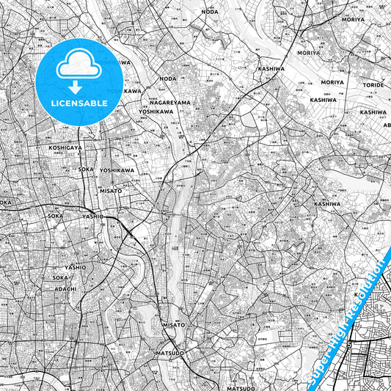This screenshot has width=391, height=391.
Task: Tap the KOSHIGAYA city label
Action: tap(65, 147)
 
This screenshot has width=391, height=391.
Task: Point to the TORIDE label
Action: tap(373, 85)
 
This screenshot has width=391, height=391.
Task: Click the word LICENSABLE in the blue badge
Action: tap(79, 103)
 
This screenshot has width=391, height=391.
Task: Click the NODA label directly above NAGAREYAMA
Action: tap(168, 78)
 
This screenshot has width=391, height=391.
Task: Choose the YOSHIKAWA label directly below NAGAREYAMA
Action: tap(156, 112)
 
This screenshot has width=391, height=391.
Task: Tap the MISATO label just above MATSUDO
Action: tap(174, 324)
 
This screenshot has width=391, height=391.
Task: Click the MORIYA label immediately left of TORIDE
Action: tap(332, 83)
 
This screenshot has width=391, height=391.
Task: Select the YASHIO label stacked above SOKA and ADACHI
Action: tap(75, 267)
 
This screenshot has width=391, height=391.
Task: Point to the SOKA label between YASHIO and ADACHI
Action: tap(60, 279)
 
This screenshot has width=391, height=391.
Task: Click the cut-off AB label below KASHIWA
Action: tap(387, 125)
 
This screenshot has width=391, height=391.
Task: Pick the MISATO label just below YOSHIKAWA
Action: tap(112, 190)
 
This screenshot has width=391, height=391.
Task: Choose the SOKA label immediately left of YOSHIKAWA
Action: tap(85, 169)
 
